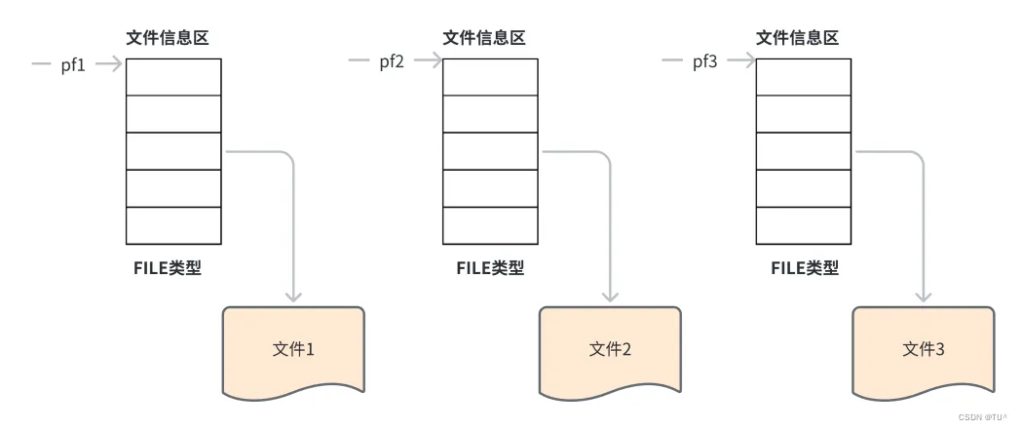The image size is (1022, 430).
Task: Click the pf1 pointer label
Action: click(73, 65)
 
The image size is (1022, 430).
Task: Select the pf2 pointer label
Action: click(392, 63)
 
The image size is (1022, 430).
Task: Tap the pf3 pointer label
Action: click(704, 63)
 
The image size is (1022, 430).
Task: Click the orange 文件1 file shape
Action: click(293, 349)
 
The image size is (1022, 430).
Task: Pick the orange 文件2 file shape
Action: click(610, 349)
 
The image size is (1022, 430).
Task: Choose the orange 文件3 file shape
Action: click(924, 349)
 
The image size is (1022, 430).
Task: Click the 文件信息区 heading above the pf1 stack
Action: click(168, 38)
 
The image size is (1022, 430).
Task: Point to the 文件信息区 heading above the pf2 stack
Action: click(484, 38)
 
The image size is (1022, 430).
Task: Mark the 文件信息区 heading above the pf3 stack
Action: click(798, 38)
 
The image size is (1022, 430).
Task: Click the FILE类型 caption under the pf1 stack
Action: click(168, 268)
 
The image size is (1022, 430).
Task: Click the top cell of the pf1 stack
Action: click(173, 77)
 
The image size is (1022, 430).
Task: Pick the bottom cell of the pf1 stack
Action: click(173, 225)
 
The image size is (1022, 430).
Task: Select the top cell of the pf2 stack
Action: click(490, 77)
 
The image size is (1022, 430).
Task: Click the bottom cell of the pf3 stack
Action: click(804, 225)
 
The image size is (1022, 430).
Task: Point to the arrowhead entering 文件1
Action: click(293, 294)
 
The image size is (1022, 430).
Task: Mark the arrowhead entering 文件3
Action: click(924, 294)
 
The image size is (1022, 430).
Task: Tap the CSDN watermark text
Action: click(983, 415)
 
